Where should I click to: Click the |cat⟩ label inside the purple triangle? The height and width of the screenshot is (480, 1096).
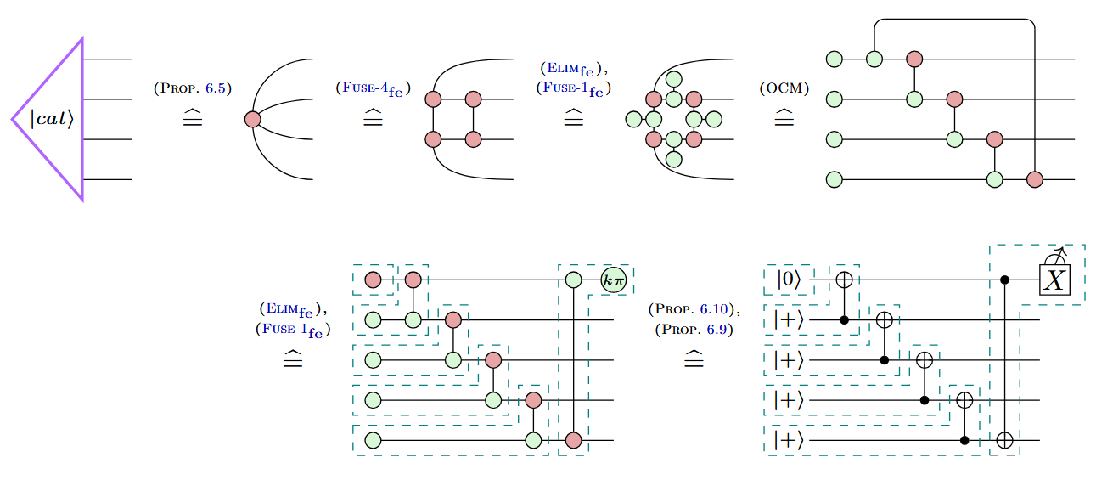tap(53, 119)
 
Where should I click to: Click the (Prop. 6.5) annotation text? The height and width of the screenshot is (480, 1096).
tap(193, 88)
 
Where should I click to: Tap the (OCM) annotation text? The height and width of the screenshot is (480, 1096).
tap(784, 88)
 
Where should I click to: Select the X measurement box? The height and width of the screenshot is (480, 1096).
tap(1054, 279)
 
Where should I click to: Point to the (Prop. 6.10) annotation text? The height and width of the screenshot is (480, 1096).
tap(694, 308)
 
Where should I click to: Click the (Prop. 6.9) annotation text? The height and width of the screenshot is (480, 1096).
tap(694, 327)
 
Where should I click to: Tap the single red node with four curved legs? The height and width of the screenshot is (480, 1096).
tap(252, 120)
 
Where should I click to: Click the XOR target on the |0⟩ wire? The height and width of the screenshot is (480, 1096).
tap(845, 279)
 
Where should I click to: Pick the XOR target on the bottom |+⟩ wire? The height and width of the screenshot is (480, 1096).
tap(1004, 440)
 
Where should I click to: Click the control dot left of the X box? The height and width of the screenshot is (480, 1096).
tap(1004, 279)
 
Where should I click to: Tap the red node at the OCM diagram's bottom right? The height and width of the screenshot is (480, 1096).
tap(1034, 179)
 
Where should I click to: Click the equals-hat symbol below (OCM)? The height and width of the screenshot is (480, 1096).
tap(784, 120)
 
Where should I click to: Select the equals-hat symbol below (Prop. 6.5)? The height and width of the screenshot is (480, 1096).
tap(193, 120)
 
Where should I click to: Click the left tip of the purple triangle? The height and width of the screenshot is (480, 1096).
tap(13, 120)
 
